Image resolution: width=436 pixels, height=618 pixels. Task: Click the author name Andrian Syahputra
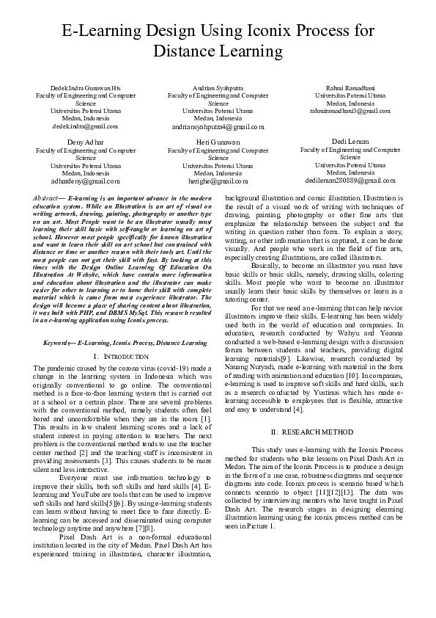218,88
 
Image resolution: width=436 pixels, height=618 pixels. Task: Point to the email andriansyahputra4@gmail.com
218,126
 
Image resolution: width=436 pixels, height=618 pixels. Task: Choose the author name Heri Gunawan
218,141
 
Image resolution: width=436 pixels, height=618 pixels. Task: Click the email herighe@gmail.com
218,180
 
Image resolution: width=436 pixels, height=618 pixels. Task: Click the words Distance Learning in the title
218,51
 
